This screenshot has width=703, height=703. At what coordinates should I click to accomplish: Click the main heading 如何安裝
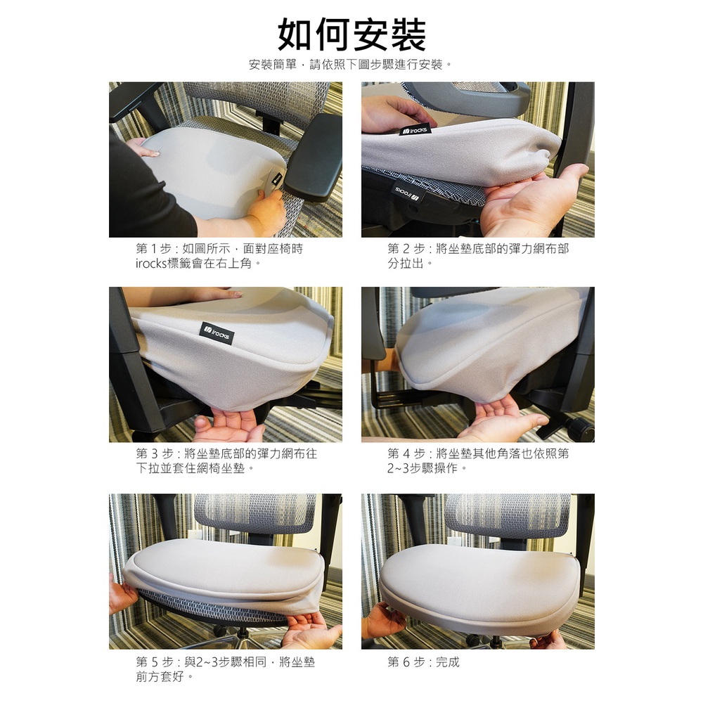(351, 35)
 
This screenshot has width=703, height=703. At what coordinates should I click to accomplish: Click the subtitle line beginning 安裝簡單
(351, 65)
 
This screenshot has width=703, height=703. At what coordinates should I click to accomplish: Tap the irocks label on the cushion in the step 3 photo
(217, 333)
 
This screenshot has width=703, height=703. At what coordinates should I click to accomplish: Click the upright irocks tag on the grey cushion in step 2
(415, 130)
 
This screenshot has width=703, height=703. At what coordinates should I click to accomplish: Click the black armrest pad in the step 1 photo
(314, 157)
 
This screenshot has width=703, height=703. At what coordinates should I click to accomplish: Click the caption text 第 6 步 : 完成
(424, 662)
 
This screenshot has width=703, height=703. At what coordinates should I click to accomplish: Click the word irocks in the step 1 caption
(151, 264)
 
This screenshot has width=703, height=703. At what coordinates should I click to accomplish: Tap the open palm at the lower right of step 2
(534, 198)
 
